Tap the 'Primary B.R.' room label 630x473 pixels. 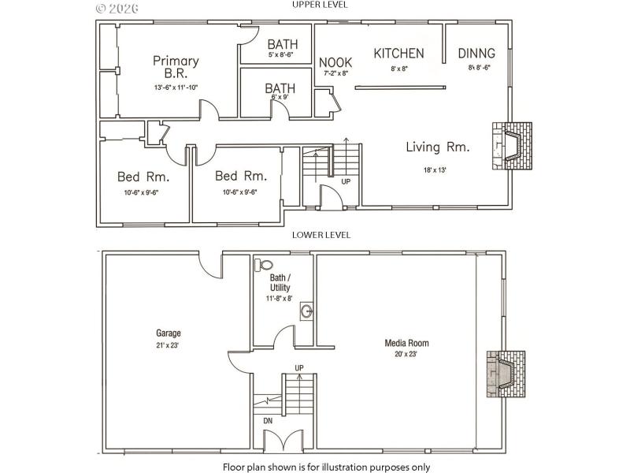click(x=176, y=66)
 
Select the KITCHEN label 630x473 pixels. click(x=398, y=54)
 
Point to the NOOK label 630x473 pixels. click(x=335, y=62)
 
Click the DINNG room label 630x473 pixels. click(x=477, y=54)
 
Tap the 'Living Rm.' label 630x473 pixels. click(x=438, y=147)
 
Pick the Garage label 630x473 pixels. click(x=168, y=333)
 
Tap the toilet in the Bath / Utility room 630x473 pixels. click(x=264, y=266)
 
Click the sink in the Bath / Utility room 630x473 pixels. click(x=306, y=313)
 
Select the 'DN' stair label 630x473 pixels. click(x=268, y=421)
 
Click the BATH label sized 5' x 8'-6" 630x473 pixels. click(x=281, y=44)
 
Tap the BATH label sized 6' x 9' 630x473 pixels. click(x=279, y=88)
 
